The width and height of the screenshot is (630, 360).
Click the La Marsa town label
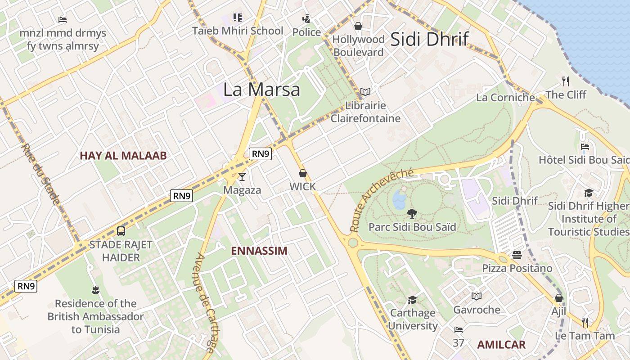[261, 89]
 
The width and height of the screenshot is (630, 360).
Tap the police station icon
[306, 19]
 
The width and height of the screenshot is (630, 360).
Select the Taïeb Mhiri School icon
[238, 18]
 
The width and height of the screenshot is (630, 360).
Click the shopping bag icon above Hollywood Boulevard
[358, 26]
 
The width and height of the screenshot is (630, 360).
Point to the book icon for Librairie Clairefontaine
[365, 92]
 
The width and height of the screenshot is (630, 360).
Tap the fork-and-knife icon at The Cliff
[566, 81]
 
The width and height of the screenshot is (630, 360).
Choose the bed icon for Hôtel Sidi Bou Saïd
[585, 147]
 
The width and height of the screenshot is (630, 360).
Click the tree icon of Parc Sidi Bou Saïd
[412, 214]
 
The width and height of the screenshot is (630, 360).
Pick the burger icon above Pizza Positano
[517, 255]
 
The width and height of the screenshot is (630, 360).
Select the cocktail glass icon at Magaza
[242, 176]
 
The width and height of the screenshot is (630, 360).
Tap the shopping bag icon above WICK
[303, 173]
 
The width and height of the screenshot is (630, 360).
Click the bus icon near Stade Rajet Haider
[121, 231]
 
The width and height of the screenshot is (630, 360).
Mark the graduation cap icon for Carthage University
[412, 300]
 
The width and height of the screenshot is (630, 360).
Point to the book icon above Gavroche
[477, 296]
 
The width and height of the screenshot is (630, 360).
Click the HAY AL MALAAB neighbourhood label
[123, 156]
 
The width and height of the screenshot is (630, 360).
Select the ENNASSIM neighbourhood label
[259, 251]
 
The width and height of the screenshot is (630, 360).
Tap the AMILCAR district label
[501, 345]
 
